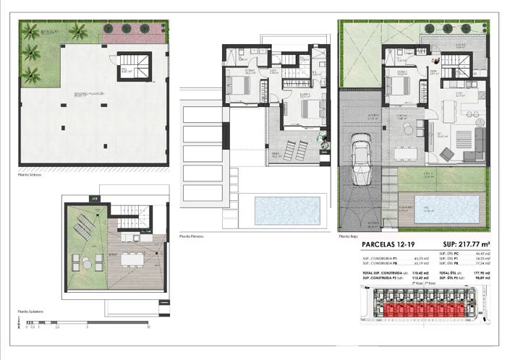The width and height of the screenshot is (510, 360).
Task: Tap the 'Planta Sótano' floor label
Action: (x=30, y=174)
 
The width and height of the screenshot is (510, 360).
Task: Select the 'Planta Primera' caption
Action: (x=192, y=236)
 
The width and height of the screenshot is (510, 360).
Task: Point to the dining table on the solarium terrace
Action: (x=130, y=257)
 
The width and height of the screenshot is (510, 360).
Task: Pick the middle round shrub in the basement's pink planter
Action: (x=127, y=28)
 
